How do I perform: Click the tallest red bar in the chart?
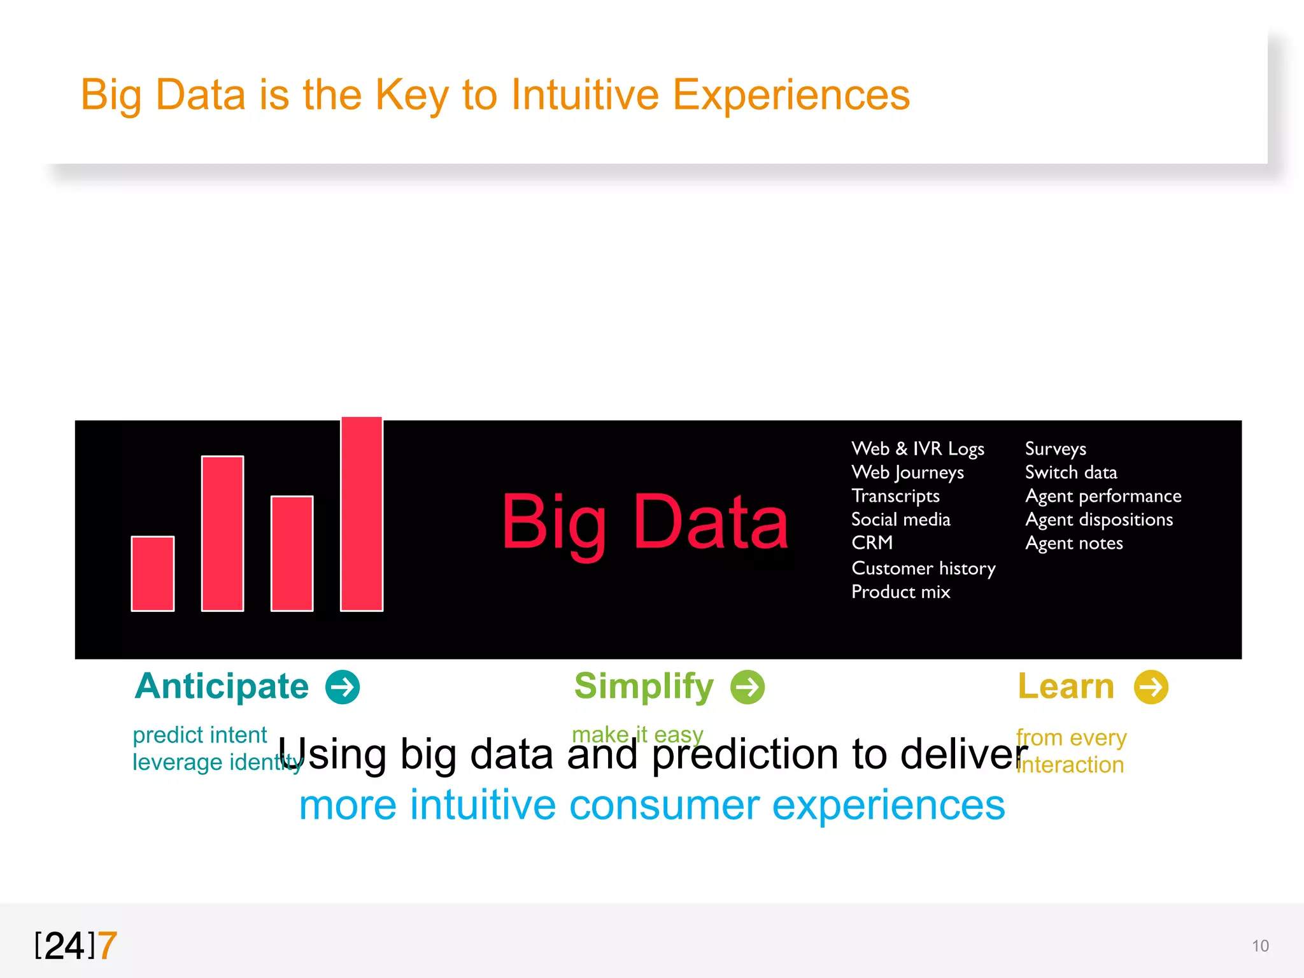click(362, 514)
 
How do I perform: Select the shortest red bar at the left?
click(153, 574)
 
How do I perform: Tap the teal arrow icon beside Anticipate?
click(343, 687)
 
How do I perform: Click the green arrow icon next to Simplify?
click(748, 687)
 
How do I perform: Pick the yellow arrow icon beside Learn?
click(1151, 687)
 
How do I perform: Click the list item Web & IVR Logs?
click(918, 449)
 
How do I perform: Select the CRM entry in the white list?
click(872, 543)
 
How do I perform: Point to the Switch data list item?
click(1071, 472)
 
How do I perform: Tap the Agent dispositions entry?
click(1099, 520)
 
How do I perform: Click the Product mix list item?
click(900, 592)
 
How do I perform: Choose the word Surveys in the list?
click(1055, 449)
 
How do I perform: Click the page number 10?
click(1260, 946)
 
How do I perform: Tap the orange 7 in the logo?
click(108, 946)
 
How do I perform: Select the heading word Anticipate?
click(222, 686)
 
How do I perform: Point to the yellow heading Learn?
click(1066, 686)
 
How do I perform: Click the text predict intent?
click(199, 735)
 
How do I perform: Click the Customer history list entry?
click(923, 568)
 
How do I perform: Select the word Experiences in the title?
click(791, 96)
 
